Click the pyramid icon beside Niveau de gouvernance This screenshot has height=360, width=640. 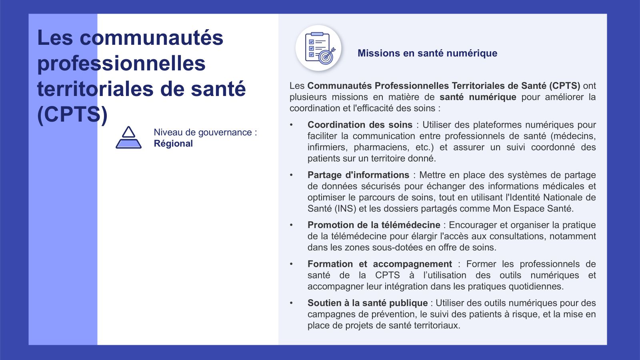point(128,138)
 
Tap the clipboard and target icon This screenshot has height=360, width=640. point(319,48)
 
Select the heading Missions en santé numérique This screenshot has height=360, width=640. point(427,53)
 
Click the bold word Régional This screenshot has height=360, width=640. point(173,144)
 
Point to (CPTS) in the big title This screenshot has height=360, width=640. point(72,114)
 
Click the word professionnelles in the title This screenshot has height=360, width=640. point(121,63)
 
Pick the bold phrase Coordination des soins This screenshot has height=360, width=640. point(360,125)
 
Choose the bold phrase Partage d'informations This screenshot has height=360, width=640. point(358,175)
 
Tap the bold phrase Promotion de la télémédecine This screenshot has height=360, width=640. point(374,225)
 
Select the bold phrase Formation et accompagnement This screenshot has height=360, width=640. point(380,264)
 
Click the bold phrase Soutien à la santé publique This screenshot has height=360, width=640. point(367,303)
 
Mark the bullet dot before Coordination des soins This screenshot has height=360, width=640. point(292,125)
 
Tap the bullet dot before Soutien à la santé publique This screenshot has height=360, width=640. point(292,303)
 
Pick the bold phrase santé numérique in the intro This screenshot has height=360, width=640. point(478,97)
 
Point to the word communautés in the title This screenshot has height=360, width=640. point(151,38)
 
